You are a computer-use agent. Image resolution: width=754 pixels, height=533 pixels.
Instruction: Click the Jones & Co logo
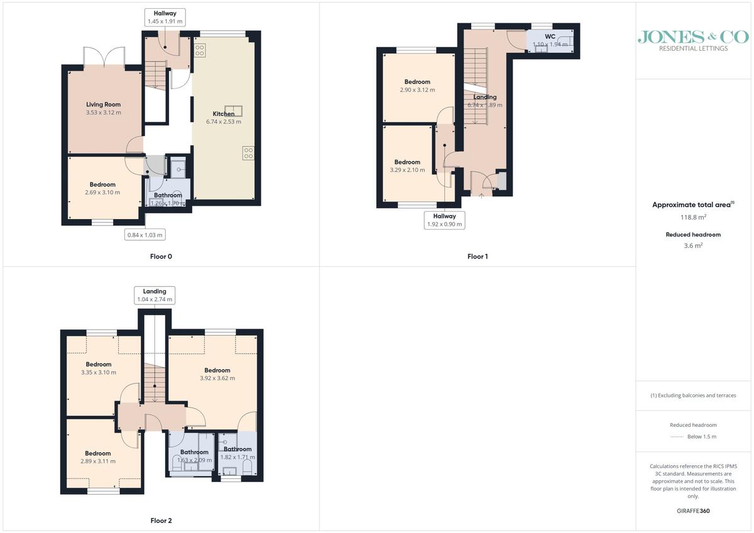coord(693,41)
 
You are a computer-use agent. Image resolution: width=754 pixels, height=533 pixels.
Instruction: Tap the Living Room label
coord(103,105)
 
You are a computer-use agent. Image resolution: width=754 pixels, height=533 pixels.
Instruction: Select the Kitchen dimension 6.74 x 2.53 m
coord(224,122)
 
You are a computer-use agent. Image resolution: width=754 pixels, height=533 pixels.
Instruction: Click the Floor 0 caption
coord(161,257)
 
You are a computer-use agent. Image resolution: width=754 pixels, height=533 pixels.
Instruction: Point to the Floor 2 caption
coord(161,520)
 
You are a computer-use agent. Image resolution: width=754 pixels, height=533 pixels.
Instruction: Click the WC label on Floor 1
coord(550,36)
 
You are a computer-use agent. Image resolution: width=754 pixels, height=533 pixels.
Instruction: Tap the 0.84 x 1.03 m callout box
coord(145,235)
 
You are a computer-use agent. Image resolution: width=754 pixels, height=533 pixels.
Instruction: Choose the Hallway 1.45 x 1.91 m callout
coord(165,17)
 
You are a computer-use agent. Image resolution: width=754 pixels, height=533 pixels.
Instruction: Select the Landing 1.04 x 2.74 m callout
coord(155,295)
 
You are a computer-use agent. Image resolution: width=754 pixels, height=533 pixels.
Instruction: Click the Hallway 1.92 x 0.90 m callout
coord(444,220)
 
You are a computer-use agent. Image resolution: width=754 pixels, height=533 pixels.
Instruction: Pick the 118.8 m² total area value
coord(693,217)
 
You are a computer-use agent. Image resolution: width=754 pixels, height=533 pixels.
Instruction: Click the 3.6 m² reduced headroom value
coord(693,245)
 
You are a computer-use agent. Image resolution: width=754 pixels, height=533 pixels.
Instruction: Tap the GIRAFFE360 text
coord(693,511)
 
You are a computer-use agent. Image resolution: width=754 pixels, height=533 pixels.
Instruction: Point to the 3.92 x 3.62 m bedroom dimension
coord(217,379)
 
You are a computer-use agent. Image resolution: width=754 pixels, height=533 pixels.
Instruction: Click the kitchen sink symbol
coord(233,110)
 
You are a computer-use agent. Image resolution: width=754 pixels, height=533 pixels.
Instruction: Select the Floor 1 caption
coord(478,257)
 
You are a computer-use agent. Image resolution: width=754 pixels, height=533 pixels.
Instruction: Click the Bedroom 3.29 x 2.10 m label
coord(407,166)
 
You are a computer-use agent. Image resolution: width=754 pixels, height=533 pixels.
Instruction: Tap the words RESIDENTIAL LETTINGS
coord(693,48)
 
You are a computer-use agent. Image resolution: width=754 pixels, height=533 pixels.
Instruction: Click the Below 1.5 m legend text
coord(702,436)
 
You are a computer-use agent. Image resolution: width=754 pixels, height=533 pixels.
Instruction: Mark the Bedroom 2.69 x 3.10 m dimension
coord(102,193)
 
